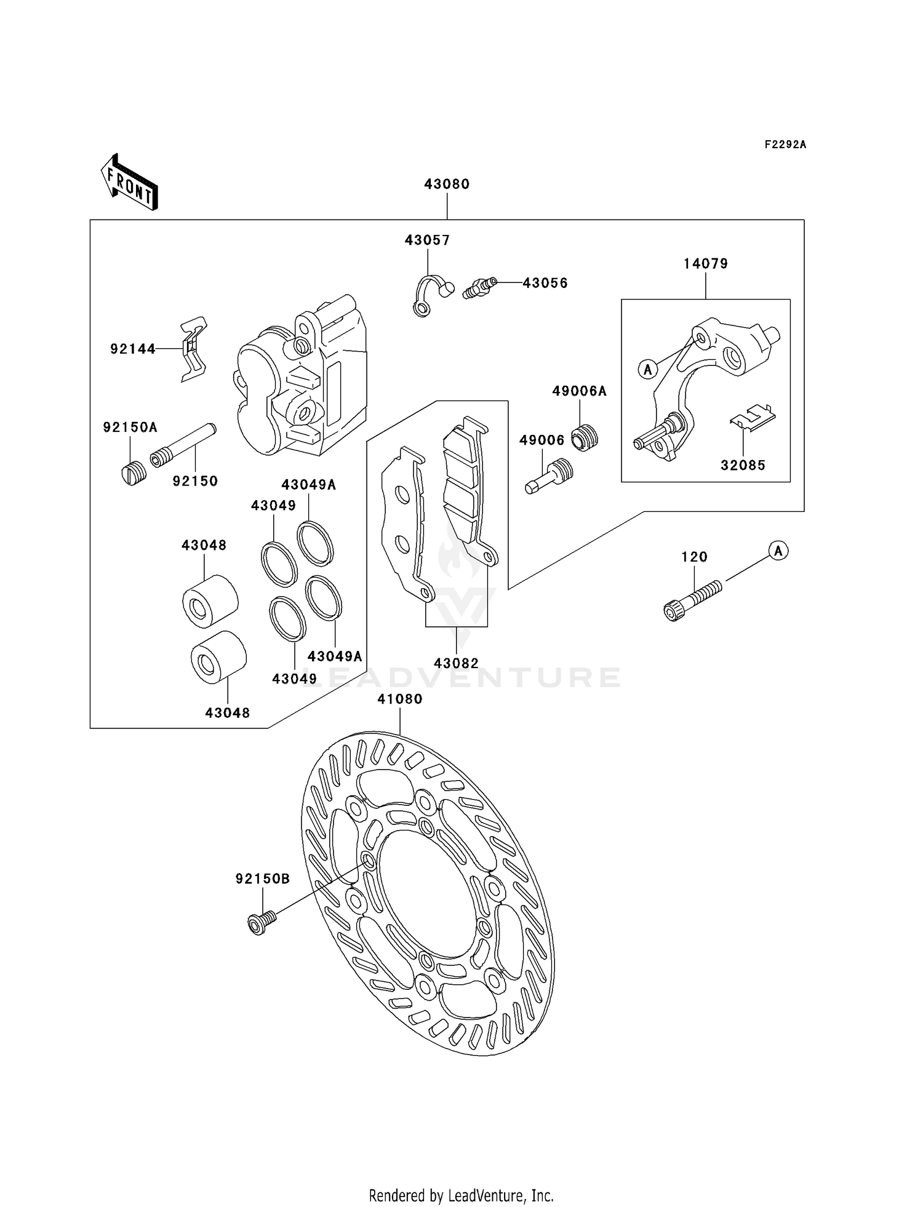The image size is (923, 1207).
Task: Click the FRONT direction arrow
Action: coord(129,183)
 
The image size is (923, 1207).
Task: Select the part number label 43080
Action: coord(447,184)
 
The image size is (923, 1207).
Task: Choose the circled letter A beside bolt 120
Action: coord(778,551)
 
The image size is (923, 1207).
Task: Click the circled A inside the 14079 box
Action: coord(647,370)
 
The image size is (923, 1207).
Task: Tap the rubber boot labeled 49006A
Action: coord(585,437)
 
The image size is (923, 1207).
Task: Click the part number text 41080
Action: coord(400,699)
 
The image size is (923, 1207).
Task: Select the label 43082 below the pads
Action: coord(456,663)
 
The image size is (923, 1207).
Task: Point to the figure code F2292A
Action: coord(785,145)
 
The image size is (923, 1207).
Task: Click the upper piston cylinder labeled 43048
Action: coord(210,601)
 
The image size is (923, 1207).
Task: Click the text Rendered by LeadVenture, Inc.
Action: coord(461,1195)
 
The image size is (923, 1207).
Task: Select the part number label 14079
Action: coord(705,264)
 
